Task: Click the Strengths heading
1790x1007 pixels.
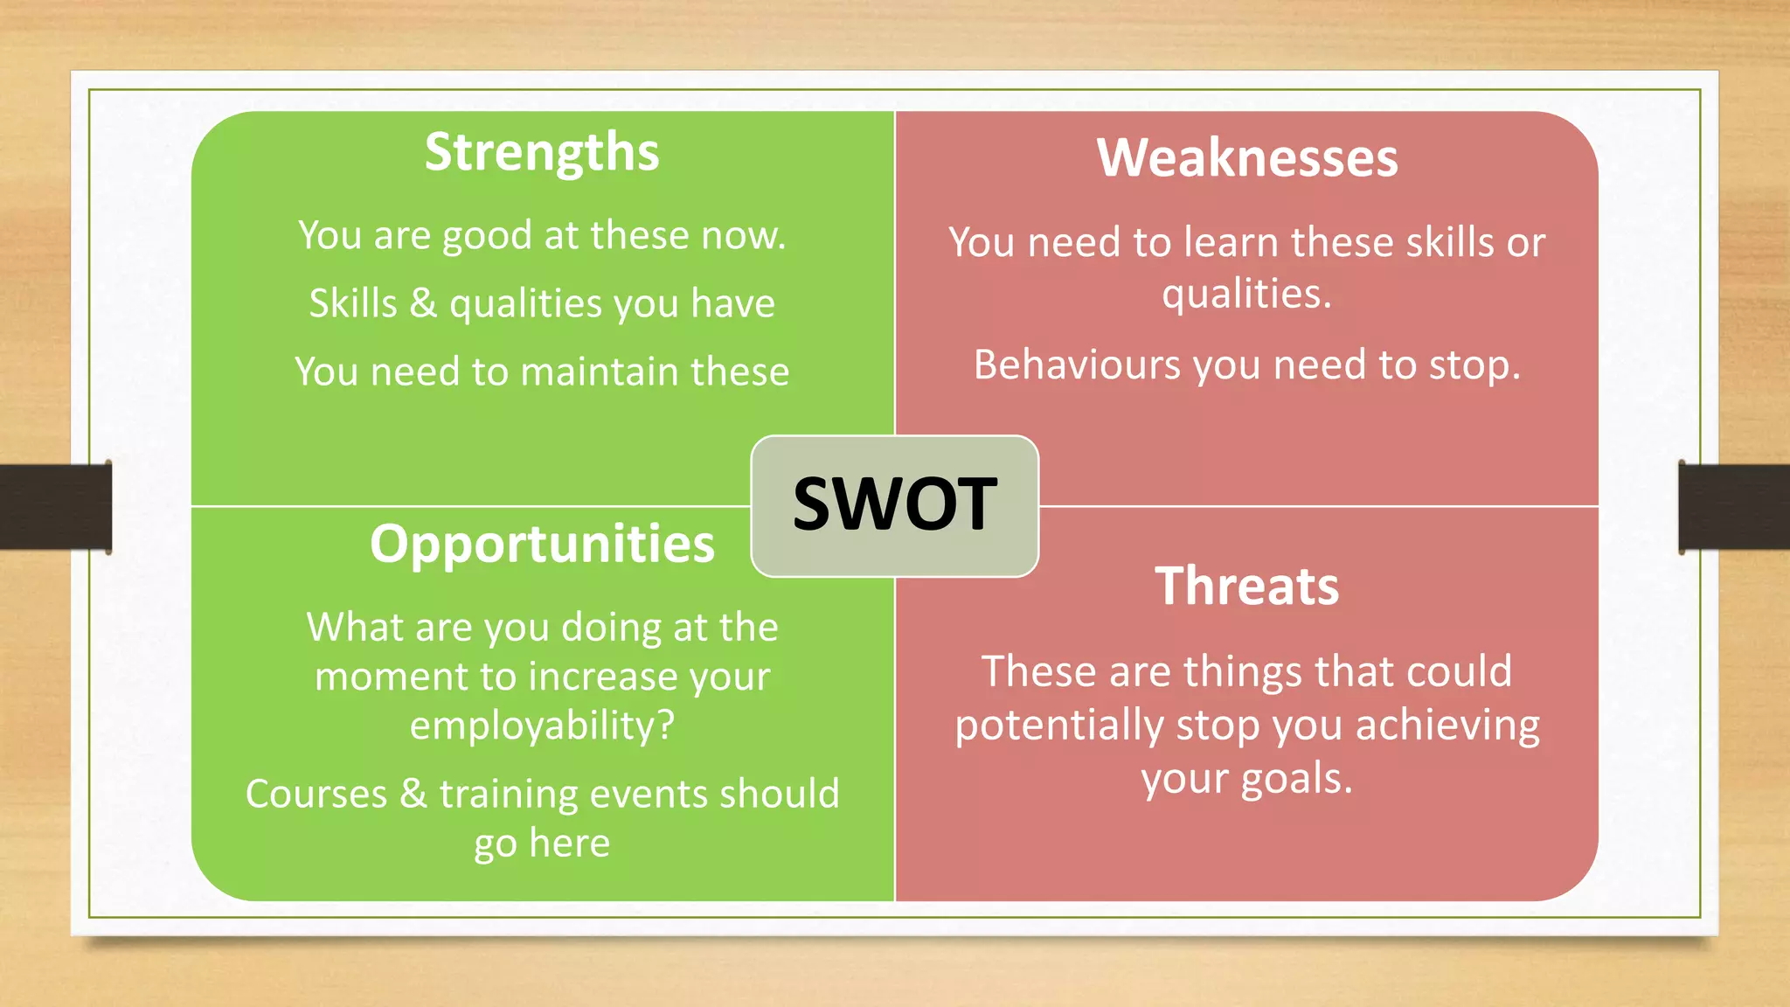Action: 542,153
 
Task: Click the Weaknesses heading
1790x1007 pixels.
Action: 1247,158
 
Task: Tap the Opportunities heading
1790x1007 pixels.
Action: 542,545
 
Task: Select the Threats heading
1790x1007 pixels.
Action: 1247,586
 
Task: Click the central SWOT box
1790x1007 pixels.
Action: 894,505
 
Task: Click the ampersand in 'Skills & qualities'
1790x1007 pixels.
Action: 423,303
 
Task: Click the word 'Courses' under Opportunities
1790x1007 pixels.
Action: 316,794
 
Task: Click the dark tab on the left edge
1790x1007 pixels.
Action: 55,507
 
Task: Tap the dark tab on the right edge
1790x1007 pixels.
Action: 1734,507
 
